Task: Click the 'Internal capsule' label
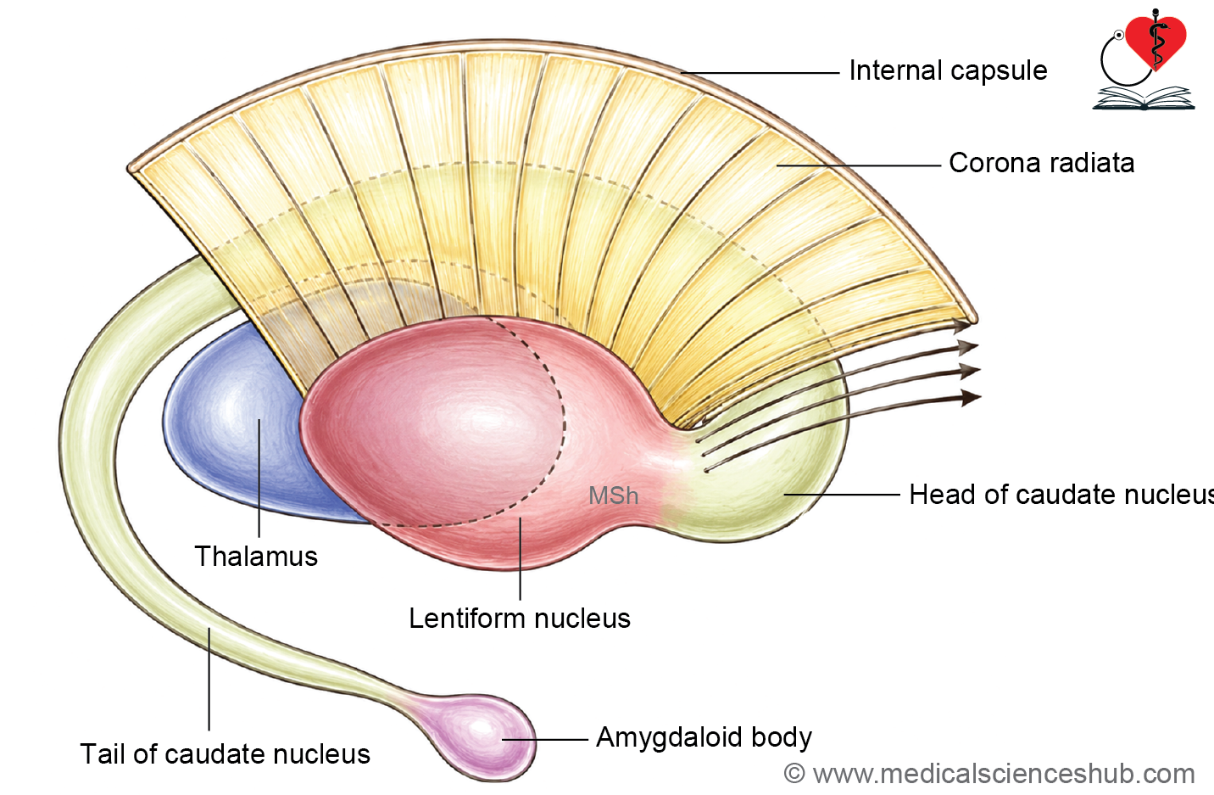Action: click(x=948, y=71)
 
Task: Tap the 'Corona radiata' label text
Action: click(x=1042, y=163)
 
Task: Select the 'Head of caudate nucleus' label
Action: click(x=1061, y=495)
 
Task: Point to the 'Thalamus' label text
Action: click(x=256, y=557)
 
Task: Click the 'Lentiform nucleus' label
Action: click(x=520, y=619)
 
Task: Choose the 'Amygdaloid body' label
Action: click(x=704, y=738)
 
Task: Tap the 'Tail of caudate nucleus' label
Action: click(x=225, y=753)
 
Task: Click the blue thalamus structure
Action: click(x=238, y=423)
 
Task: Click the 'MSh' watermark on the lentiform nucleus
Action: click(x=614, y=495)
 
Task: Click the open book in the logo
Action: click(x=1144, y=98)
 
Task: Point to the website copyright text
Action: click(x=989, y=774)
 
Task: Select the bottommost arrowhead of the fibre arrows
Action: click(x=972, y=397)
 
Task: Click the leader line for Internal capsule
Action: click(x=760, y=72)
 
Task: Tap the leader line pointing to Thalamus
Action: click(x=259, y=478)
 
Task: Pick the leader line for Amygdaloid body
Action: click(x=544, y=739)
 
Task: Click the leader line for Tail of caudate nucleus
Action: click(x=209, y=679)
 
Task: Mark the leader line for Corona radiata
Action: click(x=859, y=165)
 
